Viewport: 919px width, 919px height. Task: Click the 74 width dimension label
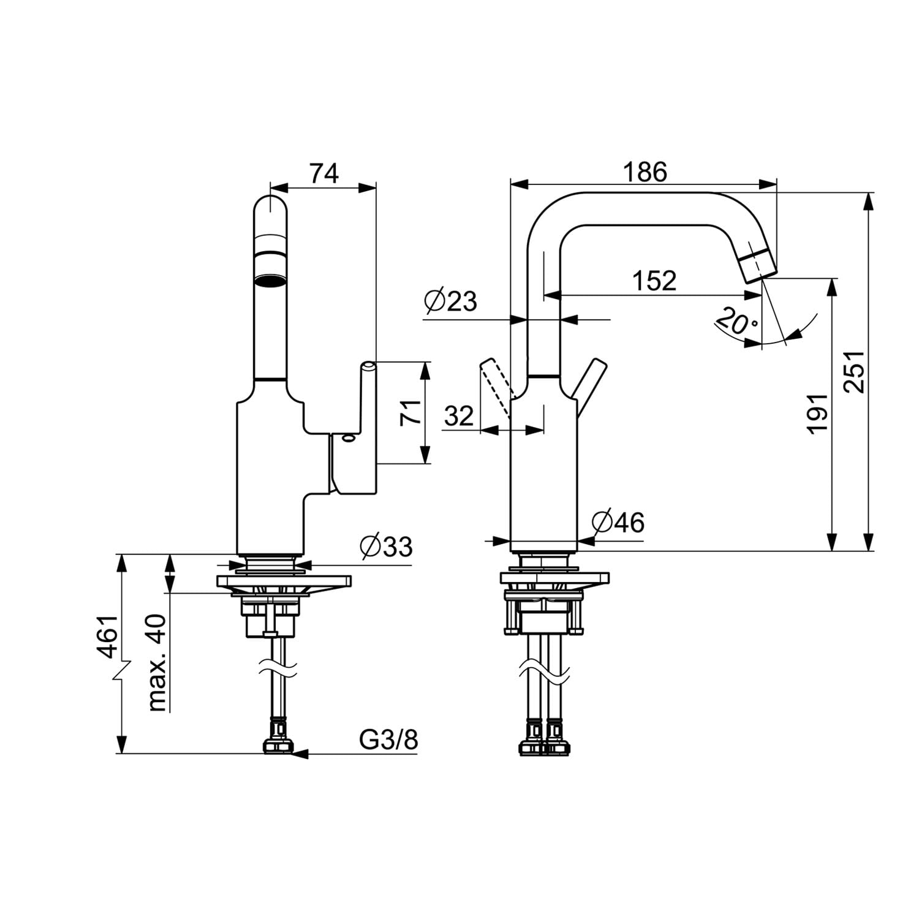tap(323, 174)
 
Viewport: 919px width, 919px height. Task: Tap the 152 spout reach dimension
tap(654, 281)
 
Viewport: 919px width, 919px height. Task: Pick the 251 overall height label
tap(854, 371)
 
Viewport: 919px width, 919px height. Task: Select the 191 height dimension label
tap(817, 414)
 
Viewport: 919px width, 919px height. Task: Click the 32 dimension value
tap(459, 416)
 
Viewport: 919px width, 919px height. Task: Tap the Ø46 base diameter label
tap(618, 523)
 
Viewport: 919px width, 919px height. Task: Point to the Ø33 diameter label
tap(387, 546)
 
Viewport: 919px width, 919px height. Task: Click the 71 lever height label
tap(410, 412)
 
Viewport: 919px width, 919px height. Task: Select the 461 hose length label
tap(108, 637)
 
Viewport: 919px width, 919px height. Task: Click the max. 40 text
tap(157, 662)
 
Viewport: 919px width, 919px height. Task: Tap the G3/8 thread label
tap(388, 739)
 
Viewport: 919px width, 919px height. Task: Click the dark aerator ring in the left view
tap(270, 280)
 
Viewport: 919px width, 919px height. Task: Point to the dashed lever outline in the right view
tap(496, 387)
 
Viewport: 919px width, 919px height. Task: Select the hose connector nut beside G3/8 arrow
tap(278, 747)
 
